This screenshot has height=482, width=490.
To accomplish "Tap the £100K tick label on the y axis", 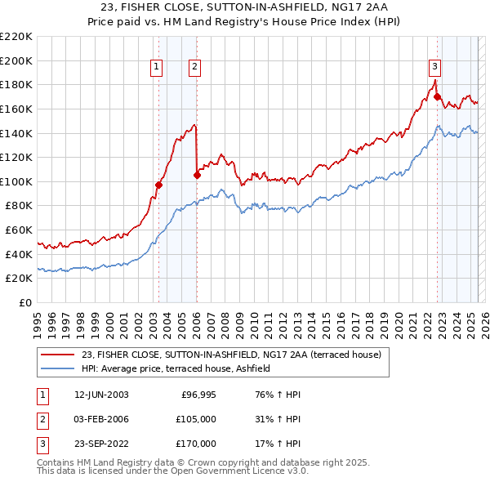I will coord(16,181).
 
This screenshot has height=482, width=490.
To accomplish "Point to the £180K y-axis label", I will coord(16,84).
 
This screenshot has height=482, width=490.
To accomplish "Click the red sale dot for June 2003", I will coord(159,185).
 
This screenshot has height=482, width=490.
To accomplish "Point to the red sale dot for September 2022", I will coord(437,96).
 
